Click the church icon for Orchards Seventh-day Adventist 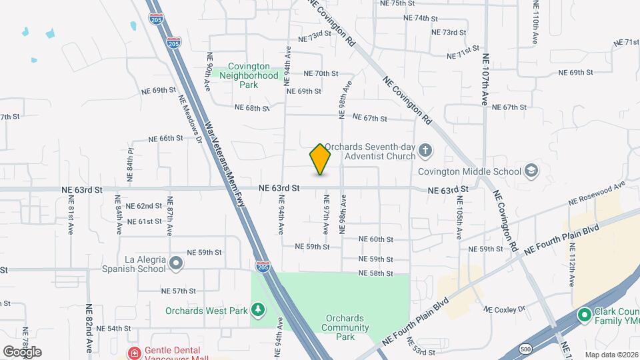426,152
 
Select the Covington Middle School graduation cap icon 531,171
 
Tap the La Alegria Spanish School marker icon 176,263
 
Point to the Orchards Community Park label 345,327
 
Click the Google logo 22,352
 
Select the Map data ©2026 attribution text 611,355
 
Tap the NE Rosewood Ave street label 597,193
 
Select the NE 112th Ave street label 571,263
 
